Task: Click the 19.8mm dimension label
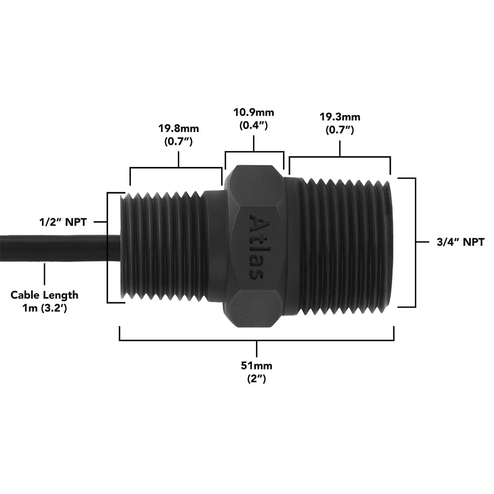coord(178,129)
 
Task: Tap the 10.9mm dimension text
coord(253,113)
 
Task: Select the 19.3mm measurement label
coord(340,118)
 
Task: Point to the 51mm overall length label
coord(256,366)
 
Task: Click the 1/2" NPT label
coord(63,222)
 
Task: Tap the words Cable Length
coord(44,295)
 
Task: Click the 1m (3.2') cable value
coord(45,307)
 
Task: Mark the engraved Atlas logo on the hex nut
coord(255,246)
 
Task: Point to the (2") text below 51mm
coord(256,379)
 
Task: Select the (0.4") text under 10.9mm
coord(253,125)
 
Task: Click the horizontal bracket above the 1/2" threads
coord(176,168)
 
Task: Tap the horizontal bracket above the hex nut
coord(254,152)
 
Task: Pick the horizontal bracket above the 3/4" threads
coord(340,158)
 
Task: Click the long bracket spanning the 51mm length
coord(256,340)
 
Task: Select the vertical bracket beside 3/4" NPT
coord(415,242)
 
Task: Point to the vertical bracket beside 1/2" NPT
coord(108,247)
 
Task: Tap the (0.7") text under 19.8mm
coord(178,142)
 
